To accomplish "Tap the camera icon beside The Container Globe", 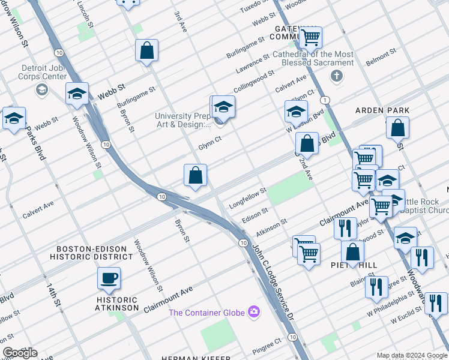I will pyautogui.click(x=255, y=311).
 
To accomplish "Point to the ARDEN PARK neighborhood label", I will pyautogui.click(x=382, y=110).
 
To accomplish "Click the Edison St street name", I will pyautogui.click(x=255, y=214).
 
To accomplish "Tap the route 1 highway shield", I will pyautogui.click(x=324, y=99).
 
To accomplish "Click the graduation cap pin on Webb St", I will pyautogui.click(x=77, y=94).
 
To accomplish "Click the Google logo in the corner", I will pyautogui.click(x=20, y=353).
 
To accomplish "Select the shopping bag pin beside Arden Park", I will pyautogui.click(x=397, y=127).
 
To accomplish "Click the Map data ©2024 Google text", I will pyautogui.click(x=411, y=355).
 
